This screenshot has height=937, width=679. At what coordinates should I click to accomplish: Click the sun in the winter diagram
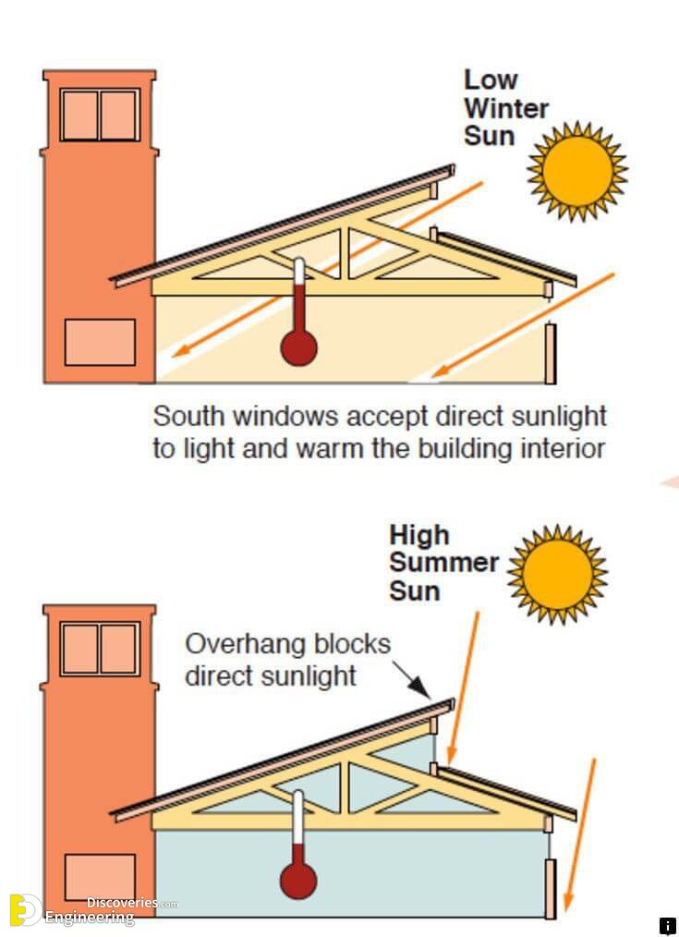pos(577,170)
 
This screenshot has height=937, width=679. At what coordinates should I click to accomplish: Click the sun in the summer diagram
pos(557,573)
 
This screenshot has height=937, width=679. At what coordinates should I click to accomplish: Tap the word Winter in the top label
pos(506,108)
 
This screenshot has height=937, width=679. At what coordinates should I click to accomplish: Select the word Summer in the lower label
pos(443,563)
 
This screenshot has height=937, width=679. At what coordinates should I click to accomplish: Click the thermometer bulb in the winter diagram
pos(299,347)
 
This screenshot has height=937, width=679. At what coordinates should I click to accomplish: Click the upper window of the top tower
pos(100,115)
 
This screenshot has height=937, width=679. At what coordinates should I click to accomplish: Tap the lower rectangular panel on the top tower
pos(100,342)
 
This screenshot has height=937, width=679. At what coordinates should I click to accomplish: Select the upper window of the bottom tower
pos(100,649)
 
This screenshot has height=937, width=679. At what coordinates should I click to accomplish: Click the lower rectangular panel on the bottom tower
pos(100,877)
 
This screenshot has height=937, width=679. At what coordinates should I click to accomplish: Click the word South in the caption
pos(189,416)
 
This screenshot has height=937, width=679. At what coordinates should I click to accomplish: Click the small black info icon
pos(667,926)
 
